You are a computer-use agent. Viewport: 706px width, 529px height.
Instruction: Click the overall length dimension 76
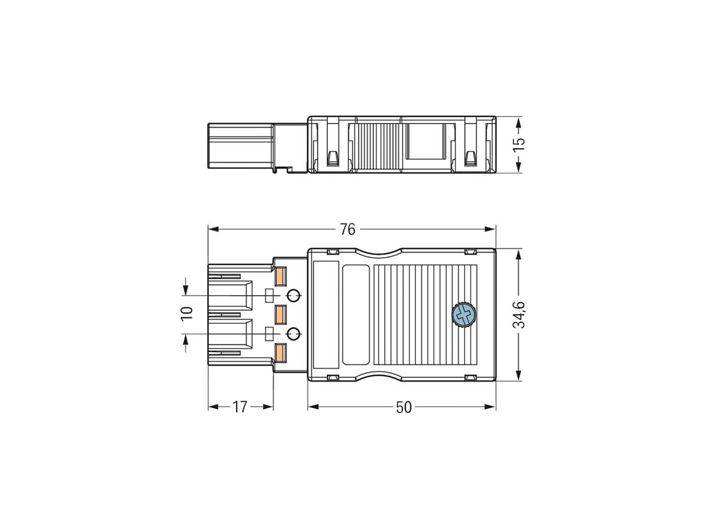click(348, 229)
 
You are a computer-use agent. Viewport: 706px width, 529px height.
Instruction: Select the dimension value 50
click(404, 407)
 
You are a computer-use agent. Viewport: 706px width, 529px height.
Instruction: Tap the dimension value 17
click(239, 407)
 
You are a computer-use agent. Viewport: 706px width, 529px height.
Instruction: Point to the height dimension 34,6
click(518, 315)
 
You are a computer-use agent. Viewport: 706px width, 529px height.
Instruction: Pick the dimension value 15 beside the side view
click(518, 145)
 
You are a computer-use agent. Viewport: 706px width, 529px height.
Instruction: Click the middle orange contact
click(281, 314)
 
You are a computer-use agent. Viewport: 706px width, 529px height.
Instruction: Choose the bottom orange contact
click(281, 352)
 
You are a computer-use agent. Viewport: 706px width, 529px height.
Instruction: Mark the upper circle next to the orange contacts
click(293, 295)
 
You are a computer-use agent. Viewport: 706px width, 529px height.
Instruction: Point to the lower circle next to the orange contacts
click(293, 334)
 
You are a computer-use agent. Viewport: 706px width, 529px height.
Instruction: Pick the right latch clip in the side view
click(470, 158)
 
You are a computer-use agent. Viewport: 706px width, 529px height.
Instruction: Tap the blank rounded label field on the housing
click(355, 314)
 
